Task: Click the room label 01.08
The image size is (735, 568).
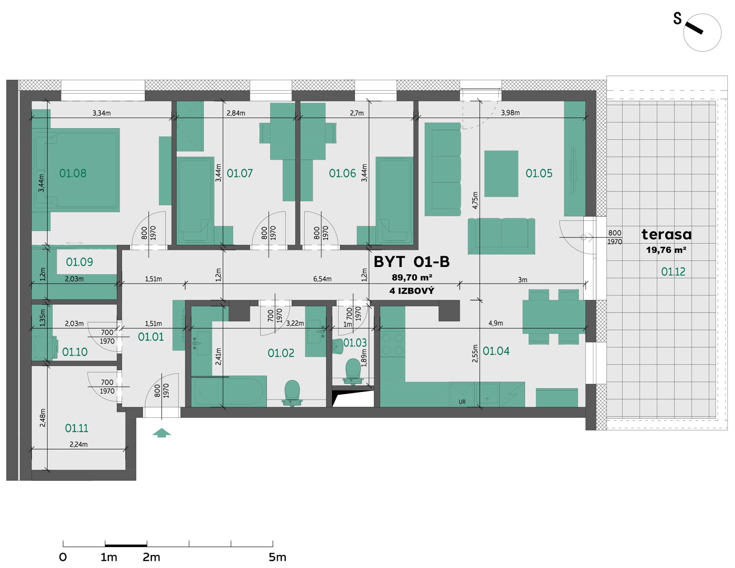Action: click(x=73, y=173)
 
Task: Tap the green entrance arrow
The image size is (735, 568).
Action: click(x=162, y=433)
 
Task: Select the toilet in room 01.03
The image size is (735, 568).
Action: click(x=353, y=371)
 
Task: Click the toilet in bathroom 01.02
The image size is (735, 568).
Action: click(x=292, y=393)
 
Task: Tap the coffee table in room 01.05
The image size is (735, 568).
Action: click(x=501, y=173)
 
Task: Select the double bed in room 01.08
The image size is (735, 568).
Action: click(x=77, y=170)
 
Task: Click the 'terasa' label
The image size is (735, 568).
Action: click(x=666, y=234)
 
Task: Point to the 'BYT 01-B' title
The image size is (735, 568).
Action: click(x=412, y=262)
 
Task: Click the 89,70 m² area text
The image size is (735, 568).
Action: click(x=412, y=277)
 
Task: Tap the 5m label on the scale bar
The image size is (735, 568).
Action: click(x=277, y=557)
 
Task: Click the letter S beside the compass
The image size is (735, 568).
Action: click(x=677, y=19)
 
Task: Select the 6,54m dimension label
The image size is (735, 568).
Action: click(x=323, y=279)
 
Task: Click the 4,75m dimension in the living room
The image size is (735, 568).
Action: click(x=475, y=200)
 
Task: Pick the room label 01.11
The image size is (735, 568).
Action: click(x=77, y=428)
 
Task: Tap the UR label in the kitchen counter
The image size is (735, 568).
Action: click(x=462, y=402)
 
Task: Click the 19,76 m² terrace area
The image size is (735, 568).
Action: click(x=666, y=250)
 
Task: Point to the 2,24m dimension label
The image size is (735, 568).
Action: click(x=78, y=444)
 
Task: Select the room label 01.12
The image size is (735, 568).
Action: click(x=673, y=271)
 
